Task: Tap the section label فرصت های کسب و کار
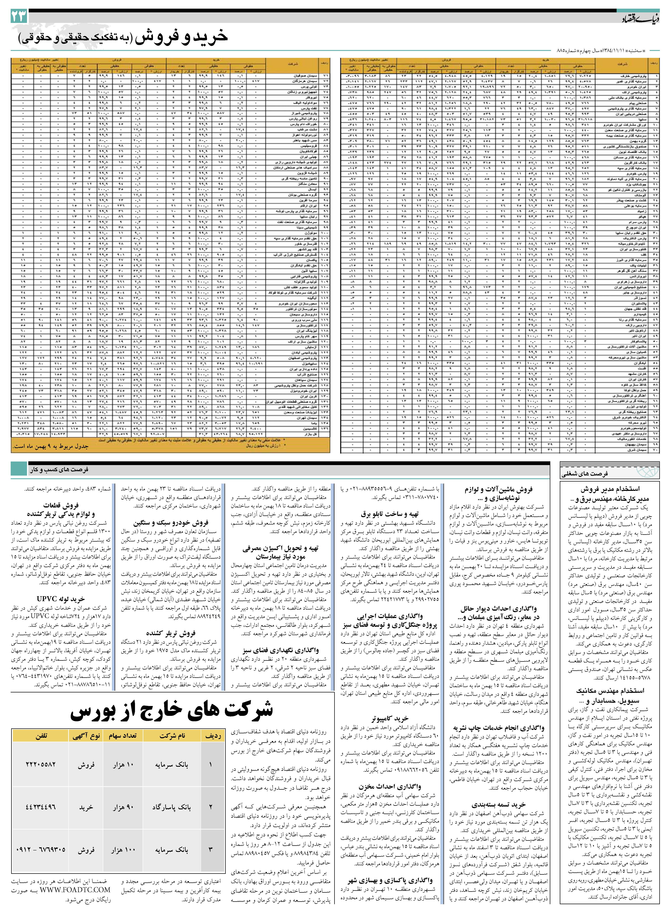[59, 469]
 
